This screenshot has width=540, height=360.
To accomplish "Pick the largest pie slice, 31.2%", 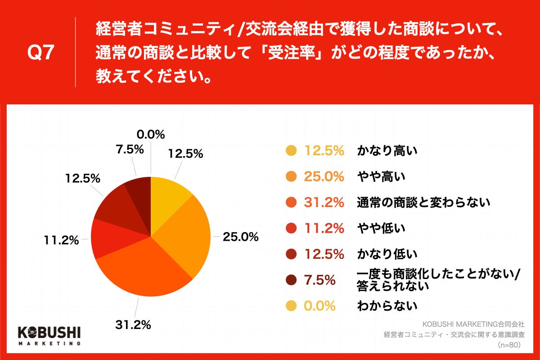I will pyautogui.click(x=144, y=270).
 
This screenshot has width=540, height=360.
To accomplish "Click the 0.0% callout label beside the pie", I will pyautogui.click(x=151, y=135).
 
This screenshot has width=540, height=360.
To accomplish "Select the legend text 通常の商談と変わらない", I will pyautogui.click(x=423, y=202).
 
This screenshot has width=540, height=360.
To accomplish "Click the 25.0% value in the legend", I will pyautogui.click(x=324, y=177).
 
